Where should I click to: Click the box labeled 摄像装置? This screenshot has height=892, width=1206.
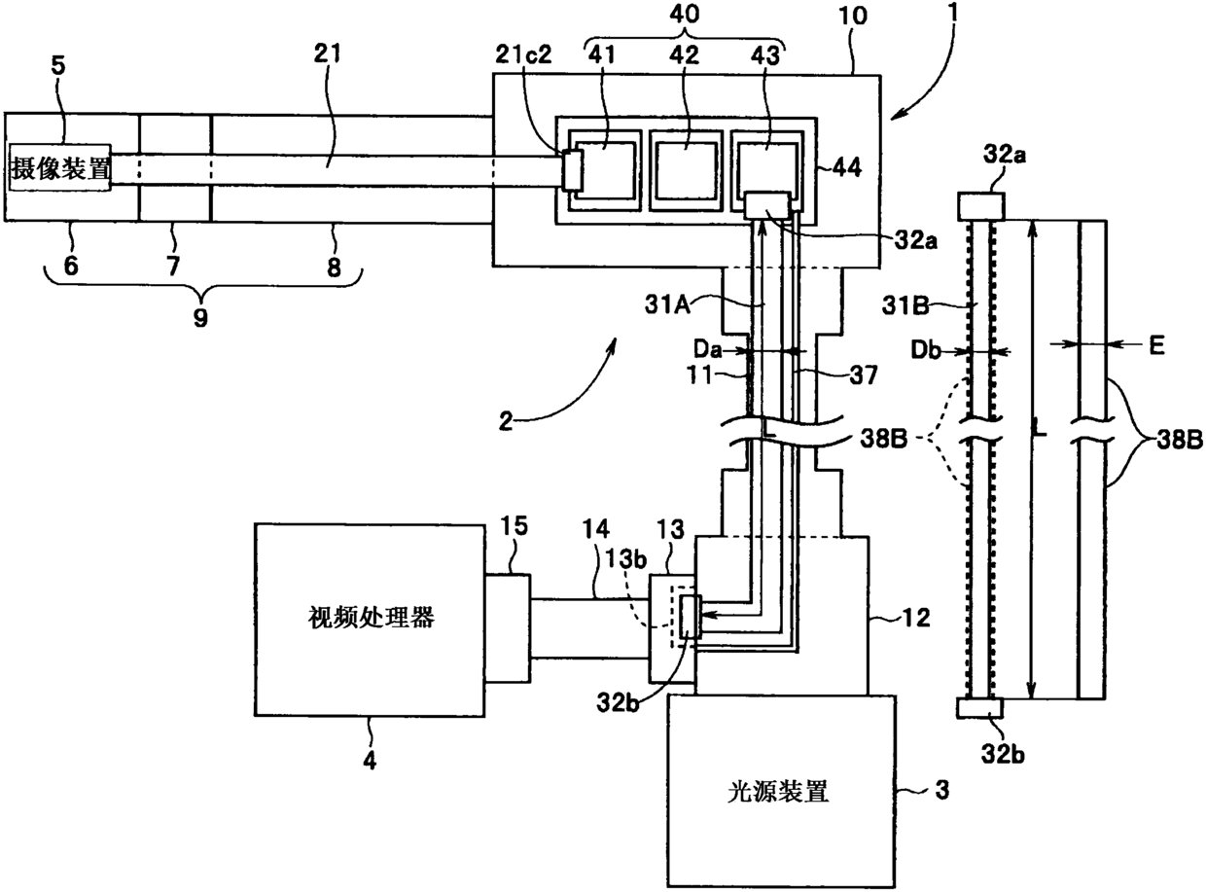tap(59, 167)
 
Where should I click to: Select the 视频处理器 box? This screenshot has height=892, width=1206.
tap(370, 621)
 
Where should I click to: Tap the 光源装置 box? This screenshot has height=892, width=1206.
tap(781, 792)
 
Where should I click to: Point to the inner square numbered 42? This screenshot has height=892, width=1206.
tap(686, 171)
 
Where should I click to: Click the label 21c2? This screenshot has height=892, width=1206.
tap(523, 54)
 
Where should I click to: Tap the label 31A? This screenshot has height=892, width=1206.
tap(668, 305)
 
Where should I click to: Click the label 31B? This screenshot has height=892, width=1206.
tap(905, 306)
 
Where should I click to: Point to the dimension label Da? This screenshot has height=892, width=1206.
tap(707, 349)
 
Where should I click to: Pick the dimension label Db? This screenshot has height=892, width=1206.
tap(926, 351)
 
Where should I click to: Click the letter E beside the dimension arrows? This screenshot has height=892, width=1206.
tap(1156, 344)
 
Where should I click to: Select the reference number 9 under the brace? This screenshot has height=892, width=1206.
tap(200, 317)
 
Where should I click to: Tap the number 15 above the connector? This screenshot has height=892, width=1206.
tap(514, 526)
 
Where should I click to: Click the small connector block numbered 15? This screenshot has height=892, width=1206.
tap(508, 628)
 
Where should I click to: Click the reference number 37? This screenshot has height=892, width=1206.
tap(864, 375)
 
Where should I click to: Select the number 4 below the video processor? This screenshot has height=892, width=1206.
tap(370, 761)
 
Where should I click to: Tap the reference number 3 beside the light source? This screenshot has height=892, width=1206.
tap(942, 790)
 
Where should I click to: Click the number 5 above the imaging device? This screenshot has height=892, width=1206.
tap(58, 66)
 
